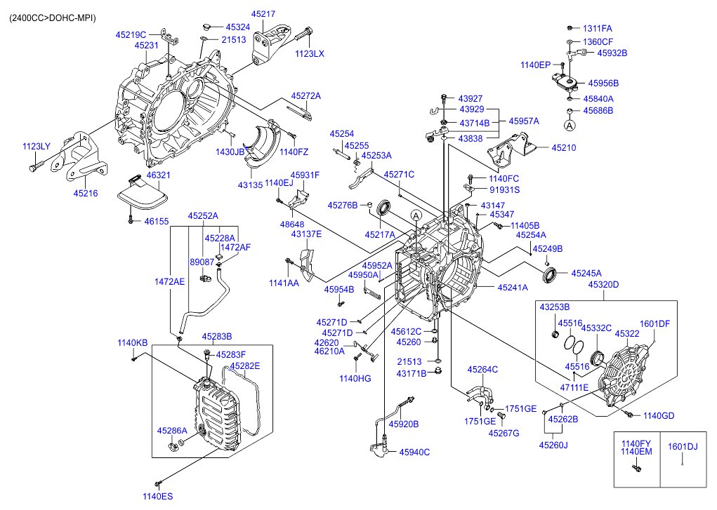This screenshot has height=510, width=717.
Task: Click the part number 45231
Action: point(146,45)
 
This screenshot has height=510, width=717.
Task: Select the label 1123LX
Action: point(310,54)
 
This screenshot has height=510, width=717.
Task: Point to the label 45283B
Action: point(217,336)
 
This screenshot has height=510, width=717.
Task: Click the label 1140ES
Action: point(157,496)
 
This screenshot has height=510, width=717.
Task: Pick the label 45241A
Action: point(513,288)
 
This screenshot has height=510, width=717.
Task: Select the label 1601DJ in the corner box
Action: point(683,445)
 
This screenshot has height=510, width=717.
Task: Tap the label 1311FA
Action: point(598,29)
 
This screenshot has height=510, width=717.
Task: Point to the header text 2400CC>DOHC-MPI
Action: point(53,17)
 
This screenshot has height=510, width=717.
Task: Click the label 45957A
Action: point(524,121)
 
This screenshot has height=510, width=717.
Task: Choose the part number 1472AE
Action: point(169,281)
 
